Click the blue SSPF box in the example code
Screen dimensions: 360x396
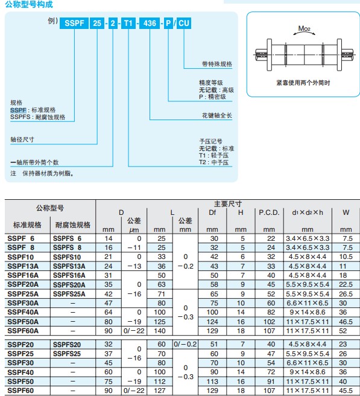pos(74,23)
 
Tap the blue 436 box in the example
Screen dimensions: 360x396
pos(150,23)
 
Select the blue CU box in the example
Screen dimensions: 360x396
pos(184,23)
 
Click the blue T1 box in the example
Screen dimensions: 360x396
pos(128,23)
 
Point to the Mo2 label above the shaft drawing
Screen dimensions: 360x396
pos(304,28)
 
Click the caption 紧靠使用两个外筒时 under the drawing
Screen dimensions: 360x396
pos(303,83)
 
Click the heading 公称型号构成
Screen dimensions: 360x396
pos(29,4)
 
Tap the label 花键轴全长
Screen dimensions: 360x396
pos(216,115)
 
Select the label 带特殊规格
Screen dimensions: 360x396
pos(216,64)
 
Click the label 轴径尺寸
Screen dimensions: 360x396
pos(22,139)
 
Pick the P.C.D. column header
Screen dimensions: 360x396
pos(269,212)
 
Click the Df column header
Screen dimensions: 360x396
pos(212,212)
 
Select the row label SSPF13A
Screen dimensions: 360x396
pos(23,266)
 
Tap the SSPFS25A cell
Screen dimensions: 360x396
pos(69,294)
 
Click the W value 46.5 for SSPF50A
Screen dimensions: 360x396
pos(346,322)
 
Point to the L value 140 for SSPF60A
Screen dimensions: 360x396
pos(160,331)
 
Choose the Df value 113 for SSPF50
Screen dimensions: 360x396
pos(212,382)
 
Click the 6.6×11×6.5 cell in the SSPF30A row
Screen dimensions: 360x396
pos(308,303)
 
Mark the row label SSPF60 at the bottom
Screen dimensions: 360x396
pos(21,391)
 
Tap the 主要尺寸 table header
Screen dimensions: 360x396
pos(228,204)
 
